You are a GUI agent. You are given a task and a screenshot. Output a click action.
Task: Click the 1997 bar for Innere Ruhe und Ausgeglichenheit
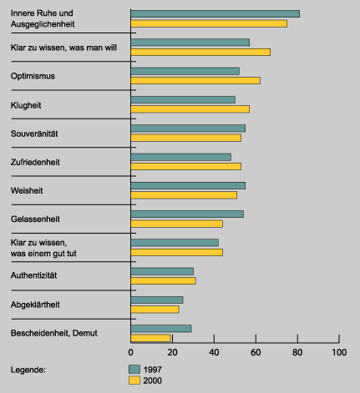point(215,13)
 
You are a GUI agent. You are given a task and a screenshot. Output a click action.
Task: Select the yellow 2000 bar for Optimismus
point(195,81)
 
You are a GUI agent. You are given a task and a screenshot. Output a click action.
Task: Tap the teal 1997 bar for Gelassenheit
point(187,214)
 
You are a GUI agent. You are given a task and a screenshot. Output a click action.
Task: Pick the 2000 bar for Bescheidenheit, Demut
point(150,338)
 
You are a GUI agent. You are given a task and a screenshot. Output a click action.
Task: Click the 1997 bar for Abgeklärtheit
point(157,300)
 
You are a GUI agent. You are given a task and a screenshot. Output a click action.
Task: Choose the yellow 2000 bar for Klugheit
point(190,109)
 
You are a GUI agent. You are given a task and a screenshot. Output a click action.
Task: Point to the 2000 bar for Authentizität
point(163,281)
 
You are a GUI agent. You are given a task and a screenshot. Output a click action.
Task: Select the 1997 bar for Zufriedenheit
point(181,157)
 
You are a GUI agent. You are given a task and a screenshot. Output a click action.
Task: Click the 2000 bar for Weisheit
point(184,195)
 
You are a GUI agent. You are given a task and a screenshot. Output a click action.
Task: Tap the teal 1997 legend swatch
point(134,370)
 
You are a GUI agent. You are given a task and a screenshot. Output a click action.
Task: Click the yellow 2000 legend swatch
point(134,380)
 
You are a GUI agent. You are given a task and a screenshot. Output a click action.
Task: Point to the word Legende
point(28,370)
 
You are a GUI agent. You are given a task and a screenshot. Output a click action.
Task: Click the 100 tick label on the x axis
point(339,352)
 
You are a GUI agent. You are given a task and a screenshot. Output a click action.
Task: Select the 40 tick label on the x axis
point(214,352)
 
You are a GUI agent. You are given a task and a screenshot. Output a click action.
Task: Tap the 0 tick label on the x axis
point(130,352)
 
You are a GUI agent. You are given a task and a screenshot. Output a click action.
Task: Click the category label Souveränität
point(34,134)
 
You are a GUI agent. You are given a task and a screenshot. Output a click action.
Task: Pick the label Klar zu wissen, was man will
point(63,48)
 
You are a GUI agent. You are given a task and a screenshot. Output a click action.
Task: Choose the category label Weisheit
point(27,190)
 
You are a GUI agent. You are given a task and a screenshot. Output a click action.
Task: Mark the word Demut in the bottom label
point(85,333)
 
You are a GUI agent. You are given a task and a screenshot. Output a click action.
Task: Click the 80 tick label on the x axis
point(297,352)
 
